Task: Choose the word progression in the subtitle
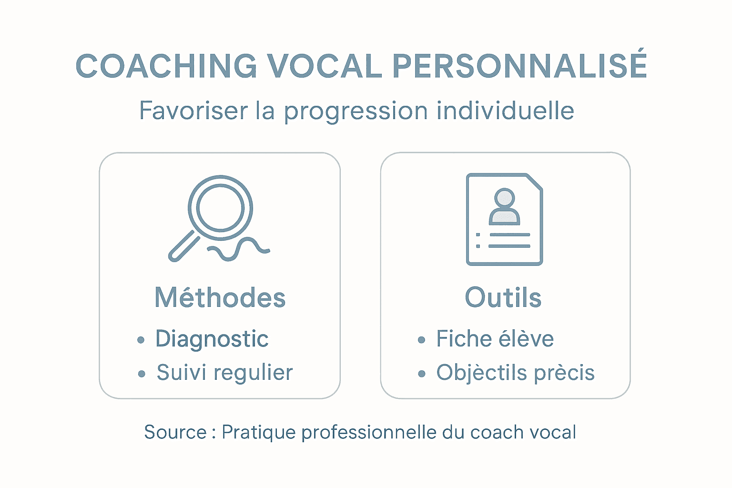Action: click(x=356, y=112)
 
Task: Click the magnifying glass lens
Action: click(x=220, y=208)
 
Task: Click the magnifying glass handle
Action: click(x=184, y=246)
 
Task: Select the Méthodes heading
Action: click(x=220, y=298)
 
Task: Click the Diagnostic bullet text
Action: click(x=212, y=339)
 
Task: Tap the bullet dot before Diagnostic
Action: click(x=141, y=340)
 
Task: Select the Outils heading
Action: click(x=503, y=298)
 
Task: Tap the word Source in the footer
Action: click(x=175, y=432)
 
